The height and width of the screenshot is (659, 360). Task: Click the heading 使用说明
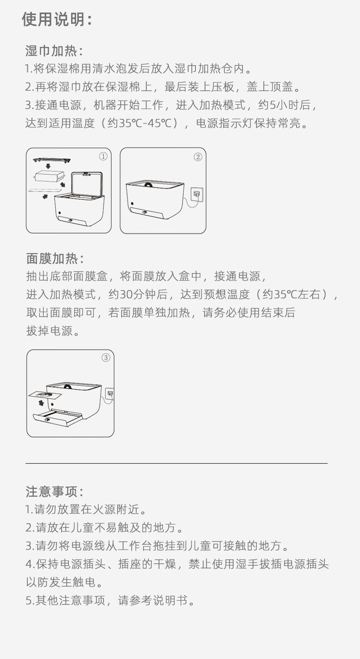pyautogui.click(x=57, y=20)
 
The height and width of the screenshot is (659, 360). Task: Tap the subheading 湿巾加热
pyautogui.click(x=54, y=51)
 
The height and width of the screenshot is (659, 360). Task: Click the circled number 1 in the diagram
pyautogui.click(x=103, y=157)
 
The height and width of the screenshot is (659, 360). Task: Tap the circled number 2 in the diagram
pyautogui.click(x=198, y=157)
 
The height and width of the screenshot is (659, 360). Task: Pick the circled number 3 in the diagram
pyautogui.click(x=106, y=358)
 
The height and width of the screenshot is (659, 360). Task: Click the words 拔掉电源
pyautogui.click(x=49, y=331)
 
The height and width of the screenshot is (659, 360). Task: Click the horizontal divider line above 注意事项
pyautogui.click(x=176, y=463)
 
